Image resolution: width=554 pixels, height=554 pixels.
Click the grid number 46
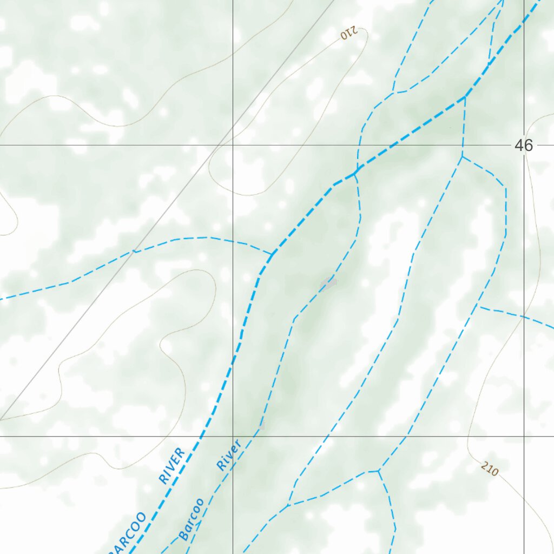[x=524, y=145]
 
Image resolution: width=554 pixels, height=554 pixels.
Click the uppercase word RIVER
[x=172, y=465]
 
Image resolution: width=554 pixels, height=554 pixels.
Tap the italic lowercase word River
[x=228, y=454]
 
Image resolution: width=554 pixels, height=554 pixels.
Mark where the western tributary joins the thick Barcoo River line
[x=272, y=253]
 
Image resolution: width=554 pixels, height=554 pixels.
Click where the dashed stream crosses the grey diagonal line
[x=134, y=250]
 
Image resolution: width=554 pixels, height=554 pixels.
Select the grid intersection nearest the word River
[x=233, y=436]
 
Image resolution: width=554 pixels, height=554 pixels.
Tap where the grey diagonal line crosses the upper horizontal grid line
[x=219, y=145]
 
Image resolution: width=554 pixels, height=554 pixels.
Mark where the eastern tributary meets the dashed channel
[x=478, y=306]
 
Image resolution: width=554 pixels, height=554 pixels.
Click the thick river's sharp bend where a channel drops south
[x=464, y=97]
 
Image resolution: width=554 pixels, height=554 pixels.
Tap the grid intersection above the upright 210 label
[x=524, y=436]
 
